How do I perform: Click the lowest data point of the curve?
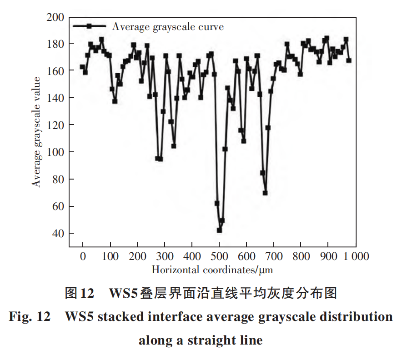click(219, 230)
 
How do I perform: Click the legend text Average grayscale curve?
click(168, 26)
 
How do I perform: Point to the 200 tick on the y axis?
click(55, 17)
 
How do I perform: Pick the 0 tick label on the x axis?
click(83, 256)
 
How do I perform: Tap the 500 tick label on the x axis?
click(219, 256)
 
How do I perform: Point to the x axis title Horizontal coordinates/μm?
click(212, 270)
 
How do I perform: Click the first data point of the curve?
click(82, 67)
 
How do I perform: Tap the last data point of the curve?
click(349, 60)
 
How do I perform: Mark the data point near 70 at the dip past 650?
click(265, 193)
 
